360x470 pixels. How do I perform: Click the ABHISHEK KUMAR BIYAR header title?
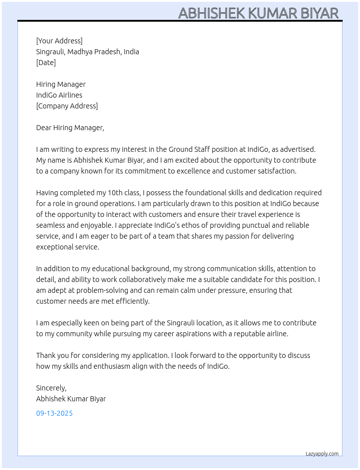(258, 13)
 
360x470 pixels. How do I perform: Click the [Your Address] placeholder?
(59, 41)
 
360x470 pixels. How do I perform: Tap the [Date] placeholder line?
(46, 63)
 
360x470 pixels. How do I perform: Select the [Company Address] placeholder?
(67, 106)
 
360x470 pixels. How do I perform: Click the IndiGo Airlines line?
(59, 95)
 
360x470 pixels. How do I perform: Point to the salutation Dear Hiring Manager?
(70, 128)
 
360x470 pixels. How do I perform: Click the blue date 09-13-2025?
(54, 413)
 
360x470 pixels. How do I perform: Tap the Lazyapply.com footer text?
(322, 454)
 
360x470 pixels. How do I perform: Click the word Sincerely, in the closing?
(51, 388)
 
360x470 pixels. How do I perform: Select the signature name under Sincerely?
(71, 399)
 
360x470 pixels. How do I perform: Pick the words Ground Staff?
(189, 149)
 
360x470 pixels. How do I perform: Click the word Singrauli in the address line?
(50, 52)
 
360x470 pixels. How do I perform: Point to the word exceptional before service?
(53, 247)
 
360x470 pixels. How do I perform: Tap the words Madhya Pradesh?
(94, 52)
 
